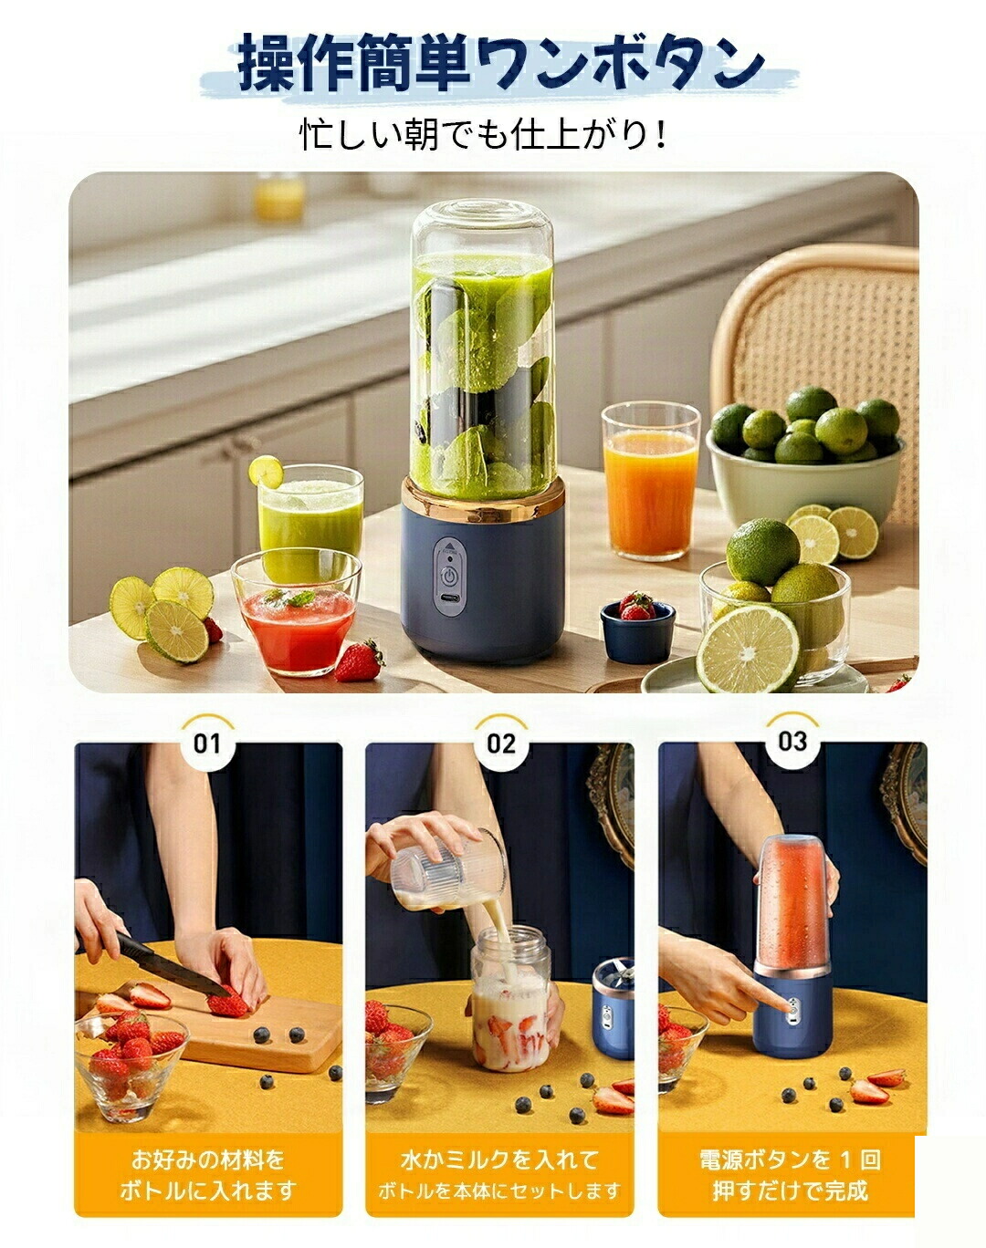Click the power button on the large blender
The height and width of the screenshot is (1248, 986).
(x=449, y=577)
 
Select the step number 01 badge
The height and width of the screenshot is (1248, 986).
(x=208, y=743)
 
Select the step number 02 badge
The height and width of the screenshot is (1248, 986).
(x=501, y=743)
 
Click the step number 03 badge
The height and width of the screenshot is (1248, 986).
(x=793, y=741)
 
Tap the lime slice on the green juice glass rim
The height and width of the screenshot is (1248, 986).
(x=267, y=471)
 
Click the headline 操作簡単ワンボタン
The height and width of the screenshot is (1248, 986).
(x=500, y=63)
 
